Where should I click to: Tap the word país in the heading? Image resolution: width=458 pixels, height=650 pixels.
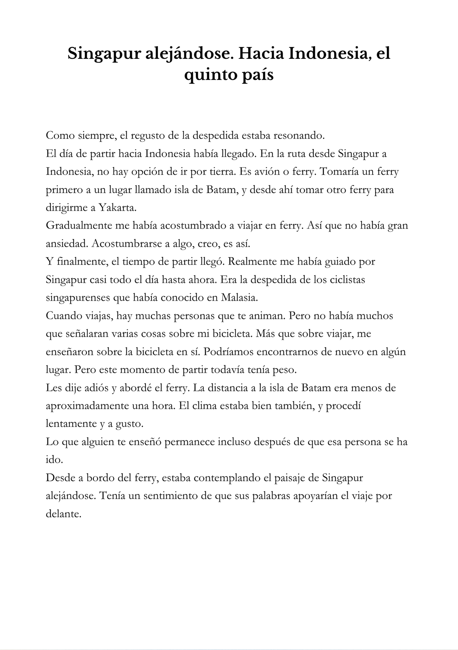[x=257, y=75]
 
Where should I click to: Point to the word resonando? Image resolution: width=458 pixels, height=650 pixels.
[x=299, y=135]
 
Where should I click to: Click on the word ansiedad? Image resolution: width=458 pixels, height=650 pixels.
[x=67, y=243]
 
